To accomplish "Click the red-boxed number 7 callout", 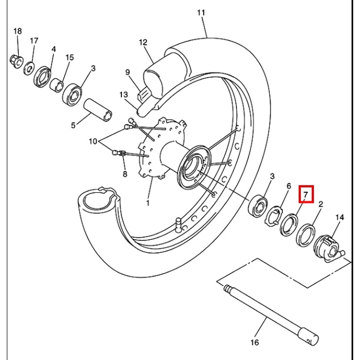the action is [306, 194].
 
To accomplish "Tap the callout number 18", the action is [18, 31].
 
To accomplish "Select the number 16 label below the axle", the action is [255, 342].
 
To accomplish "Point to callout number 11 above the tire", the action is [201, 12].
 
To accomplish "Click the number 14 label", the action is [340, 217].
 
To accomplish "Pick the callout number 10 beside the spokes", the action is [93, 141].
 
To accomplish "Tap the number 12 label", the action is [143, 43].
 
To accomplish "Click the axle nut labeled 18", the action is [16, 62].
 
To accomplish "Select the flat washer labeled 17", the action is [29, 68].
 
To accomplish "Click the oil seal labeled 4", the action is [43, 77].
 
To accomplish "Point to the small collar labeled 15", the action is [57, 85].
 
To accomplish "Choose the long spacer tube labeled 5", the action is [98, 110].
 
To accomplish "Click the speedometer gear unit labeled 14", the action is [329, 248].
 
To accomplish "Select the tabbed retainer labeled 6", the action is [274, 216].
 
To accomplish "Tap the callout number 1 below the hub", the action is [148, 203].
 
